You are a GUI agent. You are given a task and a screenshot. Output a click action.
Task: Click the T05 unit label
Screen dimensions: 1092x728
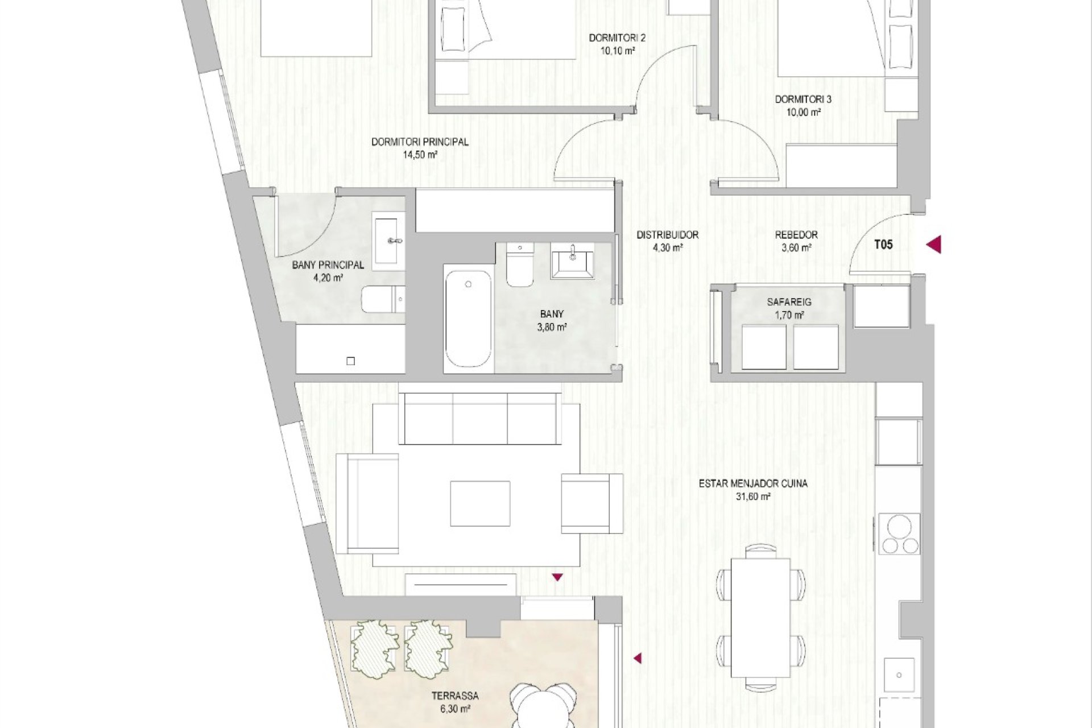[883, 245]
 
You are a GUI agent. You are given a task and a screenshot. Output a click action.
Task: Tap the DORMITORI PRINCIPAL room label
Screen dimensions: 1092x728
[420, 142]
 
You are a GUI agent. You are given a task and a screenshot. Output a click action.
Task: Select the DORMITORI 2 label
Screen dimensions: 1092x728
[617, 38]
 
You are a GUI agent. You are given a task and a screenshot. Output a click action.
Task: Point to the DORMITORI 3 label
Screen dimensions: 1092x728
[803, 100]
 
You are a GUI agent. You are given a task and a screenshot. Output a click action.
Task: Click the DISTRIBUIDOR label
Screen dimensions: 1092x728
[667, 234]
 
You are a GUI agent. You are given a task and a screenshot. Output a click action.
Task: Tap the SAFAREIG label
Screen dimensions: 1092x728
[789, 302]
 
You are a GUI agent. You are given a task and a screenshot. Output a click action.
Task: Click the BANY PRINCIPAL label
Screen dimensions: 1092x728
[328, 265]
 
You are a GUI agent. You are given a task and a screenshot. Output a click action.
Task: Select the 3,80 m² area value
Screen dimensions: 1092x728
[552, 327]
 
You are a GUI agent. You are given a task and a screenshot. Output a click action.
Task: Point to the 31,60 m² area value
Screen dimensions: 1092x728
[753, 497]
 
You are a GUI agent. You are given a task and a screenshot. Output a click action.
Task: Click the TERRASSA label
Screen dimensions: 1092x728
[455, 696]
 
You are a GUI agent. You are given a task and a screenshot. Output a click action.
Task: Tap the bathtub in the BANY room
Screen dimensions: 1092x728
[468, 319]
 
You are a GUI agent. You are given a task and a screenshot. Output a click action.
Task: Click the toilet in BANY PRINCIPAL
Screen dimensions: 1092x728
[384, 300]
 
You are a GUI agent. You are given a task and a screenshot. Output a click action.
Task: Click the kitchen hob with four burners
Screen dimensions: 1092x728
[899, 533]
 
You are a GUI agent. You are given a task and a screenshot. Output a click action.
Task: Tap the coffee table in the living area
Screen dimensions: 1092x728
[481, 504]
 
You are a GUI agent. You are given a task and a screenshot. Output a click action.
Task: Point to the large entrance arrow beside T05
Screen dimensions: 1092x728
[933, 245]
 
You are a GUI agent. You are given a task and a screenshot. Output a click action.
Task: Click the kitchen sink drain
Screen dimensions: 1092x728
[899, 675]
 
